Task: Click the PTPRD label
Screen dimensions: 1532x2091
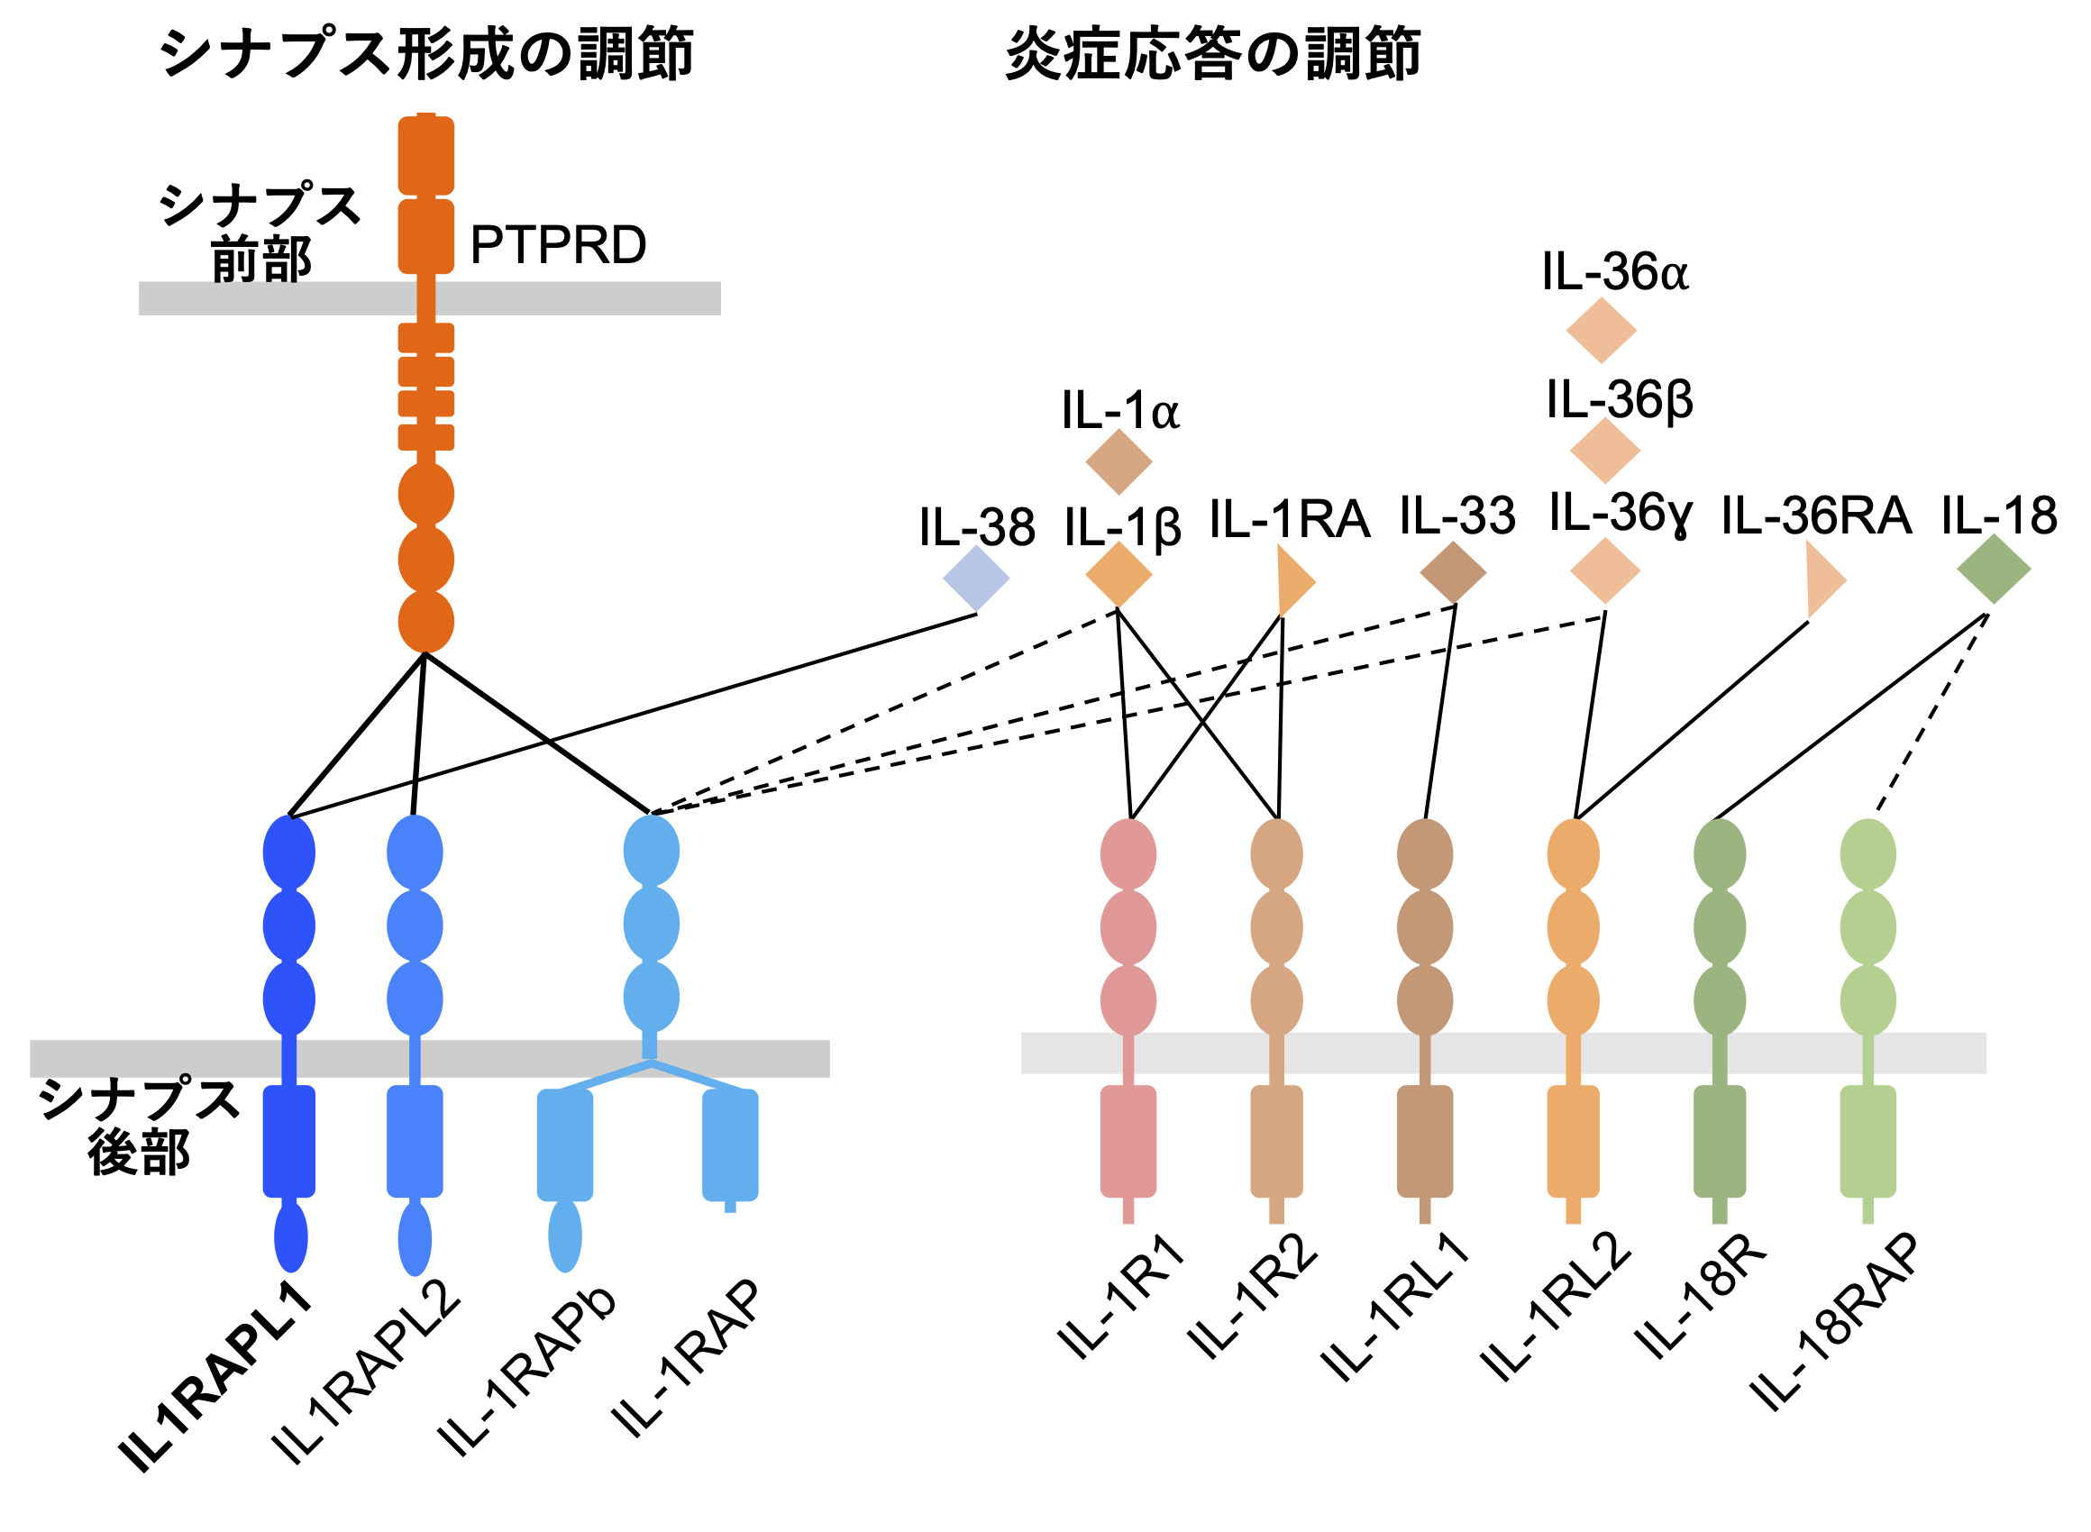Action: point(557,245)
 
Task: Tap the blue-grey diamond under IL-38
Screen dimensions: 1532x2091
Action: point(975,579)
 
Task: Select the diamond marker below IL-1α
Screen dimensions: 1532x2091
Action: point(1119,461)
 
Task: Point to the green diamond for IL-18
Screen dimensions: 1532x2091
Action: point(1994,569)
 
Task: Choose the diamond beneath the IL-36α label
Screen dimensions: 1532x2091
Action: point(1601,330)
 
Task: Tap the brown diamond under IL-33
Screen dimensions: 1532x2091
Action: point(1453,572)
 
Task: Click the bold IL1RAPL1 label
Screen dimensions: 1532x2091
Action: point(215,1379)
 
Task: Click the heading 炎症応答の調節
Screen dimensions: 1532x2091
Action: point(1213,54)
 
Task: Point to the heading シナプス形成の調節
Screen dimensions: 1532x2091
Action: point(426,54)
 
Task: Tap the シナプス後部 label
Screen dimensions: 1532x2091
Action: point(139,1126)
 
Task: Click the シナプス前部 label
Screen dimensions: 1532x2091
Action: point(260,232)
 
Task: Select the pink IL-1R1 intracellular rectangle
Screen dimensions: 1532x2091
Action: point(1128,1142)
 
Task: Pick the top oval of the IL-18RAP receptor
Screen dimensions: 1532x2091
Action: point(1867,854)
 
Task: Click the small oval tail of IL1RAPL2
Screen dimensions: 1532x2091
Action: point(415,1239)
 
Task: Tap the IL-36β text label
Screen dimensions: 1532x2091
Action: point(1619,401)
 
